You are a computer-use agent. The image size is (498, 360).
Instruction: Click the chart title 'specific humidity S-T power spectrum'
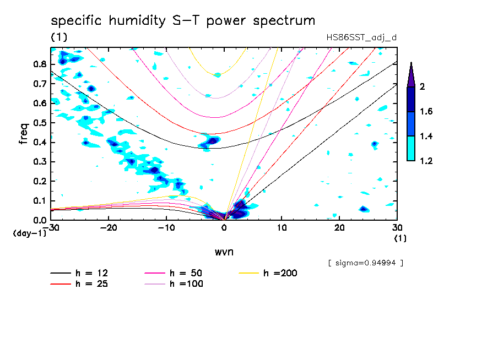tap(182, 21)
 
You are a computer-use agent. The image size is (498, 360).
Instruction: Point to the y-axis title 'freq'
tap(24, 134)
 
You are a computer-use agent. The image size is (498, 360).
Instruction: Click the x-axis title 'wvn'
tap(224, 252)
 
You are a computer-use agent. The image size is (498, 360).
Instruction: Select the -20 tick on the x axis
tap(109, 227)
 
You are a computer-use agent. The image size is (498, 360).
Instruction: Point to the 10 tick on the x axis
tap(282, 227)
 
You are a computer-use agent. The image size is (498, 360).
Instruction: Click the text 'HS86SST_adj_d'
tap(361, 37)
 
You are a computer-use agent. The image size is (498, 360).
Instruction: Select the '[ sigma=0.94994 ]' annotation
tap(366, 263)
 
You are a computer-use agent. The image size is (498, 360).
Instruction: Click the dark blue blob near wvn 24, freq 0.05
tap(364, 209)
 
